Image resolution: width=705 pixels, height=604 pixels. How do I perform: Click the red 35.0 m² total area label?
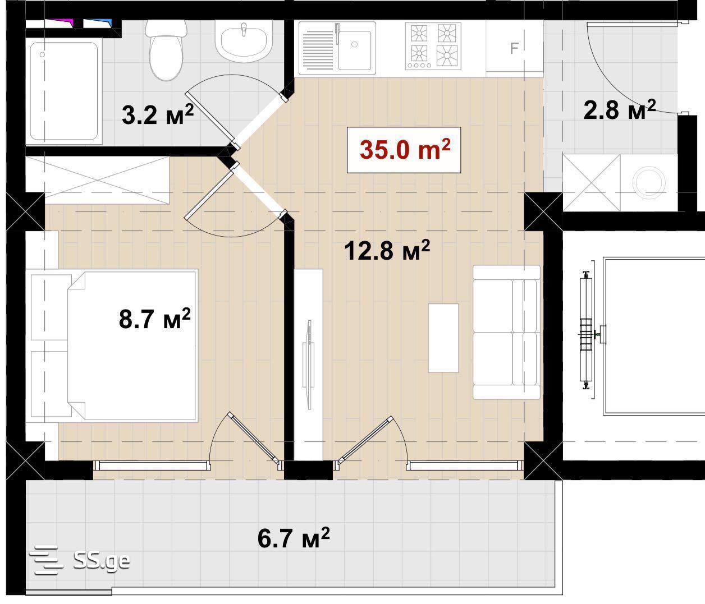(x=405, y=149)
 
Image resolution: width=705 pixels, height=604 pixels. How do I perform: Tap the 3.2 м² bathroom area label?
(x=158, y=114)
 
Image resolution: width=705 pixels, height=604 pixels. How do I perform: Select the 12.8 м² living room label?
(x=387, y=250)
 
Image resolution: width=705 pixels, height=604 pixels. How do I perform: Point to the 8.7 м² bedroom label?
(x=154, y=319)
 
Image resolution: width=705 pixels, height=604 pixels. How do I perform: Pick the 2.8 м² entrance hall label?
(x=619, y=109)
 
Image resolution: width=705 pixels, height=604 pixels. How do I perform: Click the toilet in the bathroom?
(x=166, y=50)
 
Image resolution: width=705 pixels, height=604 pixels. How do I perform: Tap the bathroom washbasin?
(x=244, y=42)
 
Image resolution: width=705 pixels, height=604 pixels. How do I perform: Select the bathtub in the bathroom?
(x=64, y=91)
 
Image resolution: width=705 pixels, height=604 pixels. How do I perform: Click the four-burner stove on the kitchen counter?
(x=433, y=46)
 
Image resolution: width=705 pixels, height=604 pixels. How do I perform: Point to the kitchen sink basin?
(x=355, y=49)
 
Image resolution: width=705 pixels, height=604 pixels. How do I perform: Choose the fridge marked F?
(x=514, y=48)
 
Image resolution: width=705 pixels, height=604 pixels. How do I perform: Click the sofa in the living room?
(x=506, y=333)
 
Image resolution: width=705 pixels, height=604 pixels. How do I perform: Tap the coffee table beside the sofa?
(x=443, y=338)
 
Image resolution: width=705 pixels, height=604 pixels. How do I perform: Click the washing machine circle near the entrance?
(x=649, y=183)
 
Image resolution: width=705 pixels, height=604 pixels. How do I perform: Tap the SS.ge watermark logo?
(x=80, y=560)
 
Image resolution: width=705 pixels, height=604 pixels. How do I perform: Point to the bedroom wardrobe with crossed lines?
(x=98, y=180)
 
